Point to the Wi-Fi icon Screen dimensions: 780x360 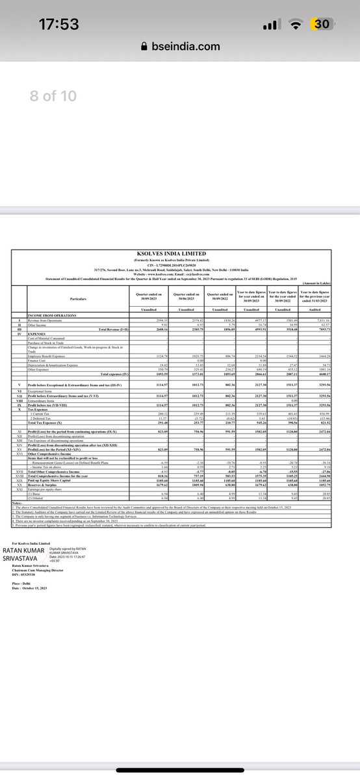(296, 25)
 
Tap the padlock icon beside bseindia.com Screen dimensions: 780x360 (144, 47)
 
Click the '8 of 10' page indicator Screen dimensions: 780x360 (53, 96)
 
